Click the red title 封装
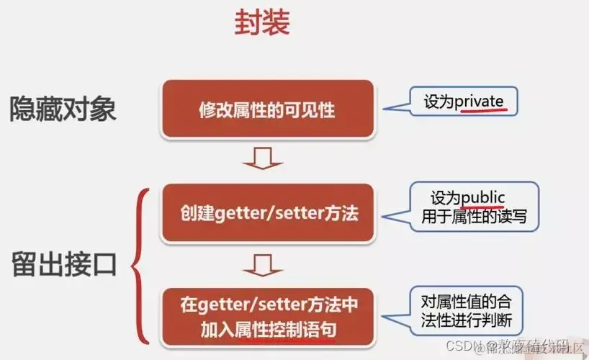(x=261, y=23)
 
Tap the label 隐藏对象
(x=63, y=109)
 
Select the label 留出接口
(x=63, y=264)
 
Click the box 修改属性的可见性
(x=267, y=109)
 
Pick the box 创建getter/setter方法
(x=267, y=214)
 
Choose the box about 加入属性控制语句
(x=267, y=315)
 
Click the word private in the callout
(x=479, y=101)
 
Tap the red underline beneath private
(x=480, y=112)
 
